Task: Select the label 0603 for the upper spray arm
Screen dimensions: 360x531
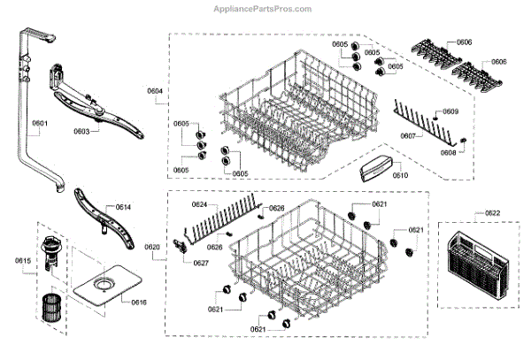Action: pyautogui.click(x=81, y=131)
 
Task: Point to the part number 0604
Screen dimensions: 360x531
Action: pyautogui.click(x=155, y=92)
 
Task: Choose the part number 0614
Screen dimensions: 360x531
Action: pyautogui.click(x=122, y=207)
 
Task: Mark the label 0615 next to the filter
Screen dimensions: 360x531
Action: pyautogui.click(x=22, y=260)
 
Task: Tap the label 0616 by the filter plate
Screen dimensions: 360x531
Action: pyautogui.click(x=138, y=303)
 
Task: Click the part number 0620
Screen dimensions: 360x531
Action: pyautogui.click(x=152, y=247)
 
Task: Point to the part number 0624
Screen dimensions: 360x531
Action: pyautogui.click(x=199, y=205)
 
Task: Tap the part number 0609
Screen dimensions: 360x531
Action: pyautogui.click(x=450, y=112)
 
